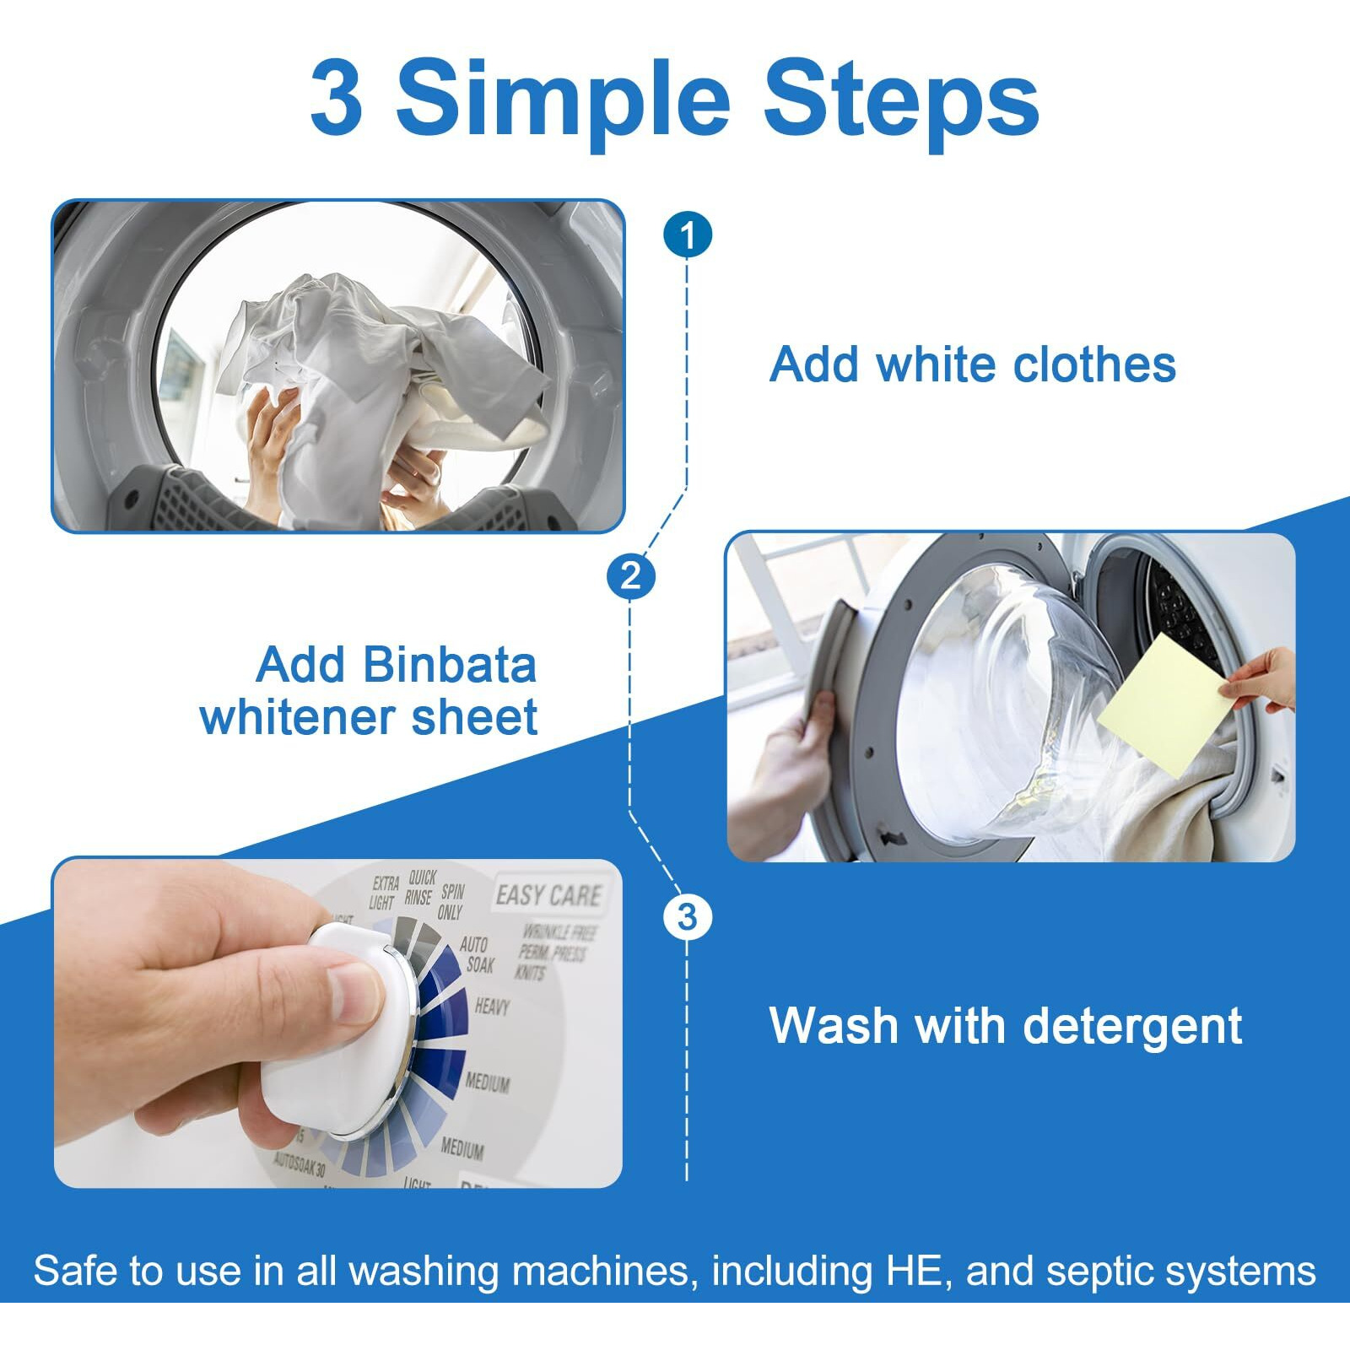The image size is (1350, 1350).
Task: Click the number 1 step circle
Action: tap(688, 235)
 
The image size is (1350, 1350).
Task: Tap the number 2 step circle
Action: tap(630, 577)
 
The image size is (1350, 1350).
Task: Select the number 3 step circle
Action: tap(688, 917)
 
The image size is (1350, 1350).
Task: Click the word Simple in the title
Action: tap(563, 100)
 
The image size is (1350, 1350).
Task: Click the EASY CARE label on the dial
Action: tap(548, 894)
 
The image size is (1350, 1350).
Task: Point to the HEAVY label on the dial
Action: tap(492, 1007)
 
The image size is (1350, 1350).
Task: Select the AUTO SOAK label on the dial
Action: tap(477, 954)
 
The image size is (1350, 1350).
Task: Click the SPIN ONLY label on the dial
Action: tap(451, 901)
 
